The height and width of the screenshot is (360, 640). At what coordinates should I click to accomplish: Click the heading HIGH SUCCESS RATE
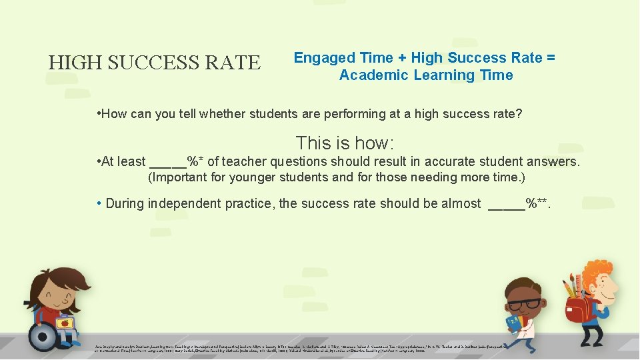pos(154,63)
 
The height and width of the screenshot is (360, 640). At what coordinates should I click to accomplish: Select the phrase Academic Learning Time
pos(426,75)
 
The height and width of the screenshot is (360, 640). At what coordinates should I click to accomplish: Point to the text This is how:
pos(345,143)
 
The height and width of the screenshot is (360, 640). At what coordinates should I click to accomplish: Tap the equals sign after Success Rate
pos(550,58)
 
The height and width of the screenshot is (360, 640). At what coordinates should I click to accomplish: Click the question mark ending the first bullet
pos(519,114)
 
